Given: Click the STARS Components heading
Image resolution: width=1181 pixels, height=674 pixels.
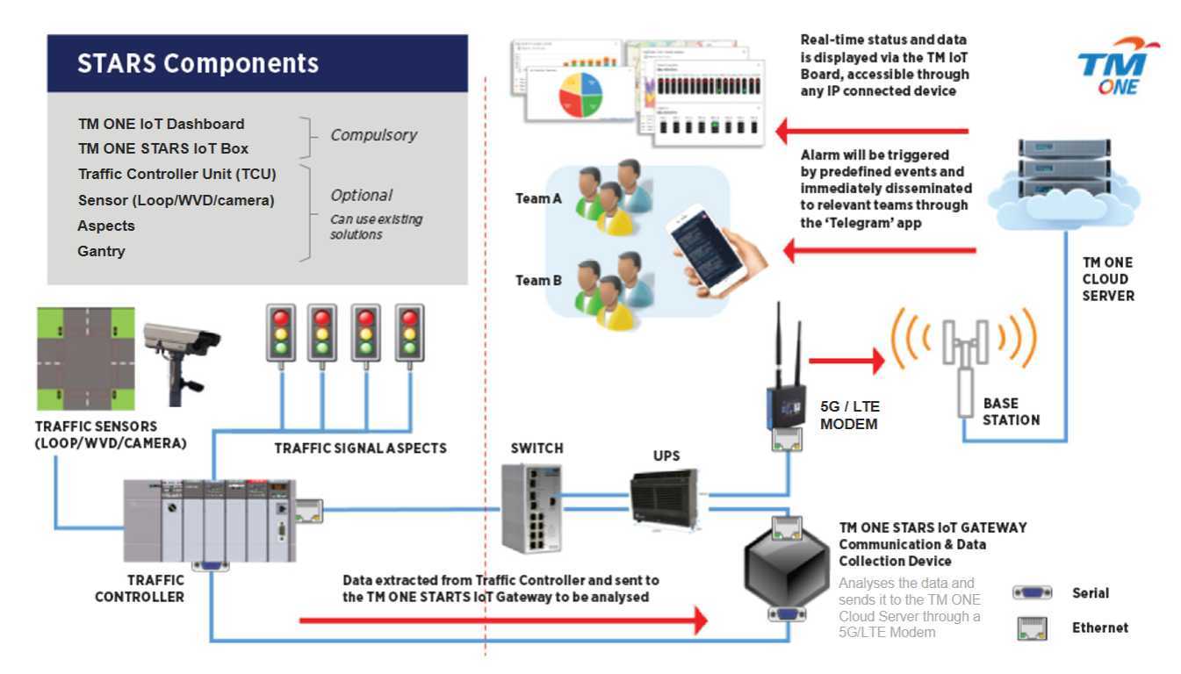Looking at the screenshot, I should [x=198, y=64].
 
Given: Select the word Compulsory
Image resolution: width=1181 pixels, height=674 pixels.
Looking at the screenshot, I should [x=373, y=135].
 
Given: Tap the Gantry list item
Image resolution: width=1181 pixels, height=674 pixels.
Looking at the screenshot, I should [x=102, y=251].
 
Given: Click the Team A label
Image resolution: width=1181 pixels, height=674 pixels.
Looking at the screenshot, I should [x=538, y=199].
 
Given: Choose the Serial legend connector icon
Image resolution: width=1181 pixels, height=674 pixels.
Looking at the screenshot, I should [x=1032, y=593].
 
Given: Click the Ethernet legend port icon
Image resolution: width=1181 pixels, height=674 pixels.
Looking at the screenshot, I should [x=1032, y=628].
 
